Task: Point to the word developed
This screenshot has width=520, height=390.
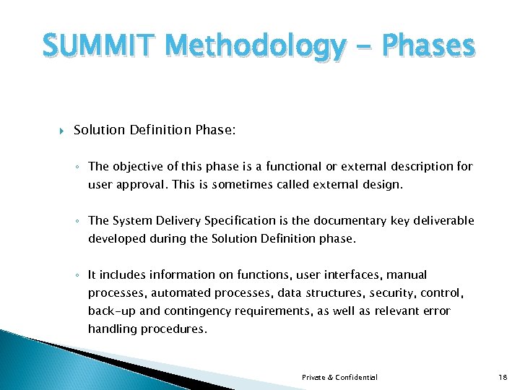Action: [116, 238]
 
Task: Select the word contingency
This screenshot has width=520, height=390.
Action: [206, 311]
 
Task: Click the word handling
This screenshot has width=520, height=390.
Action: [111, 329]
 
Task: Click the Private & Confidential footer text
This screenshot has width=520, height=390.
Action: [339, 377]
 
